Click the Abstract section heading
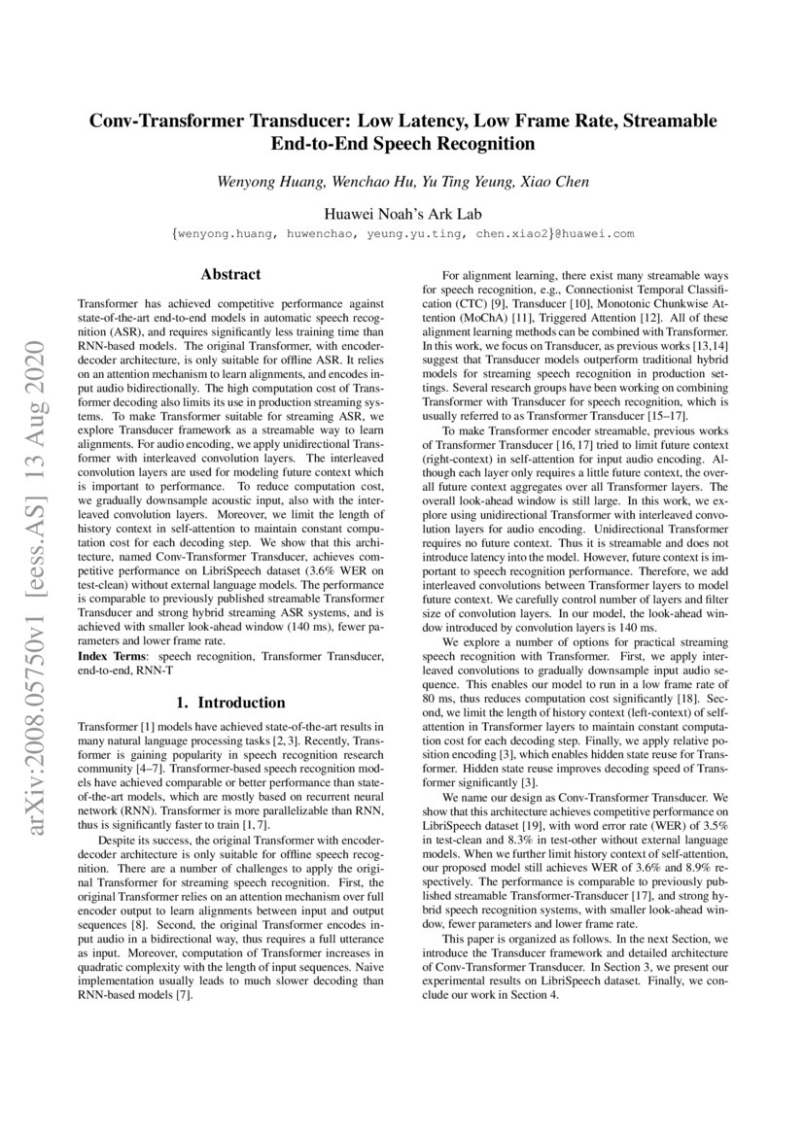(230, 275)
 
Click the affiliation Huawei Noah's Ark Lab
(402, 213)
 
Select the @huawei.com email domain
(596, 234)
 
